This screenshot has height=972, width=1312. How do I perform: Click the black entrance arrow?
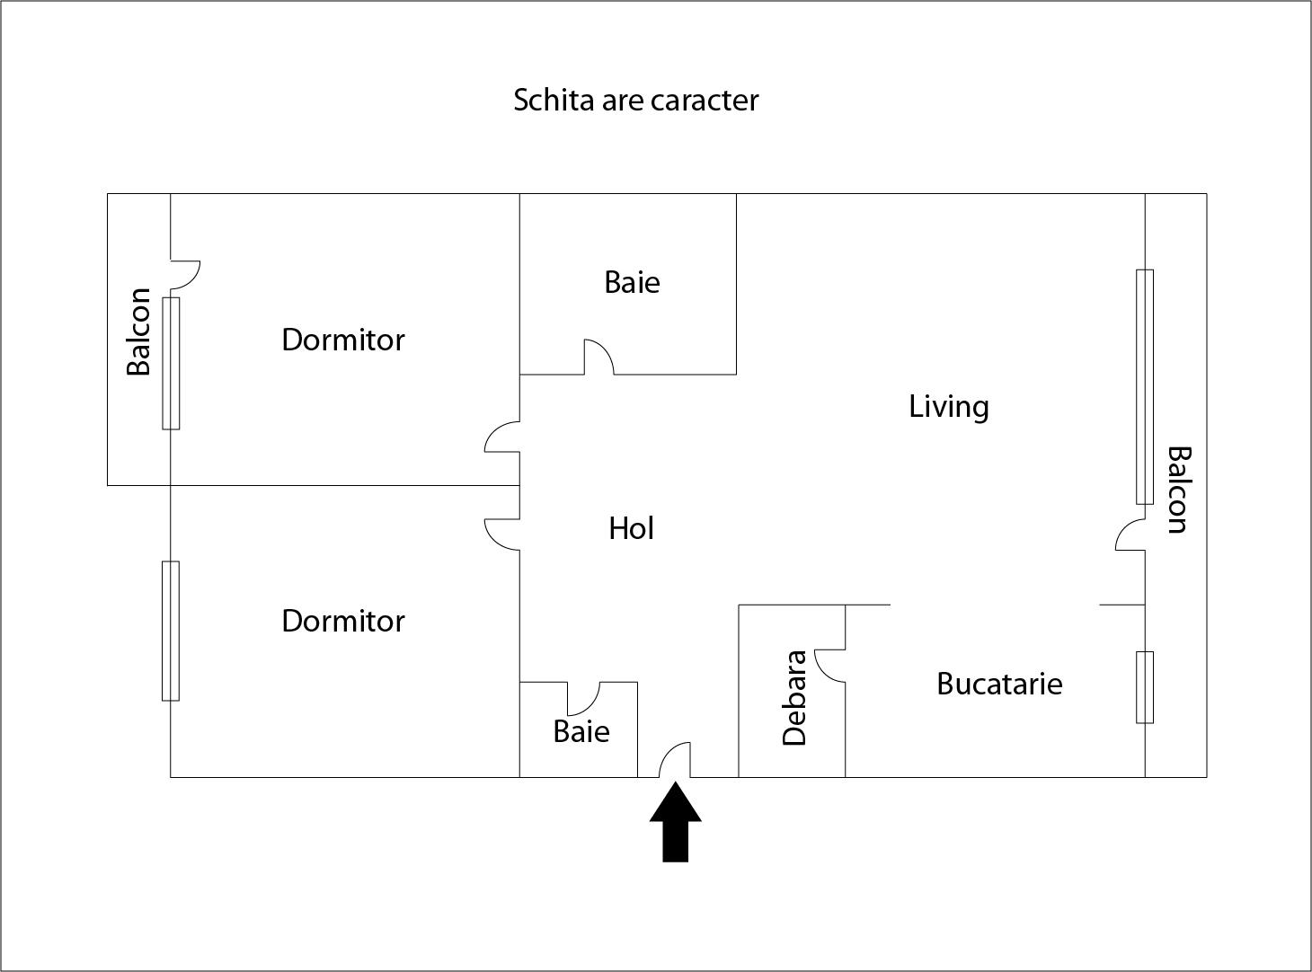point(675,824)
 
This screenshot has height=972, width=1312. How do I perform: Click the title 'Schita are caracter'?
point(635,100)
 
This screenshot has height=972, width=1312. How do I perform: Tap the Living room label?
point(948,406)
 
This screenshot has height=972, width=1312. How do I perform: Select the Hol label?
point(631,528)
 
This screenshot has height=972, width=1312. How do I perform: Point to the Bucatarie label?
point(998,684)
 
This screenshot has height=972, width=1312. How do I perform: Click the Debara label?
point(794,698)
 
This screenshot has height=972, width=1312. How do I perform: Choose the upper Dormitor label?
point(342,340)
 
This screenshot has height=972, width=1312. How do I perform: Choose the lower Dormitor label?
point(342,621)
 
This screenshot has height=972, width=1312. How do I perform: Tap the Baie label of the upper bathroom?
point(632,282)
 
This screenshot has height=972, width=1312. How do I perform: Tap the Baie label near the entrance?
point(581,731)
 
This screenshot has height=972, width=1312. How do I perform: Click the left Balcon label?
point(138,331)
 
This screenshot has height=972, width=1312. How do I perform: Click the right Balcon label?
point(1178,490)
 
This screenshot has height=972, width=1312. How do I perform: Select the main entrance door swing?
point(676,760)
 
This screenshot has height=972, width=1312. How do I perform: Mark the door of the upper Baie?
point(598,357)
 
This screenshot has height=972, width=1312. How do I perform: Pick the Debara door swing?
point(829,666)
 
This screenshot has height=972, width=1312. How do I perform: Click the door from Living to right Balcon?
point(1130,536)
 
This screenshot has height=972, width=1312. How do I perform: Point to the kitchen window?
point(1145,687)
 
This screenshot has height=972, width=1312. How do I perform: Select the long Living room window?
point(1145,386)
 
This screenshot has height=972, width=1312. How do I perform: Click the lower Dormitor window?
point(171,631)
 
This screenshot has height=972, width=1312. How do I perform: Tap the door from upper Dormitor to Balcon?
point(184,275)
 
